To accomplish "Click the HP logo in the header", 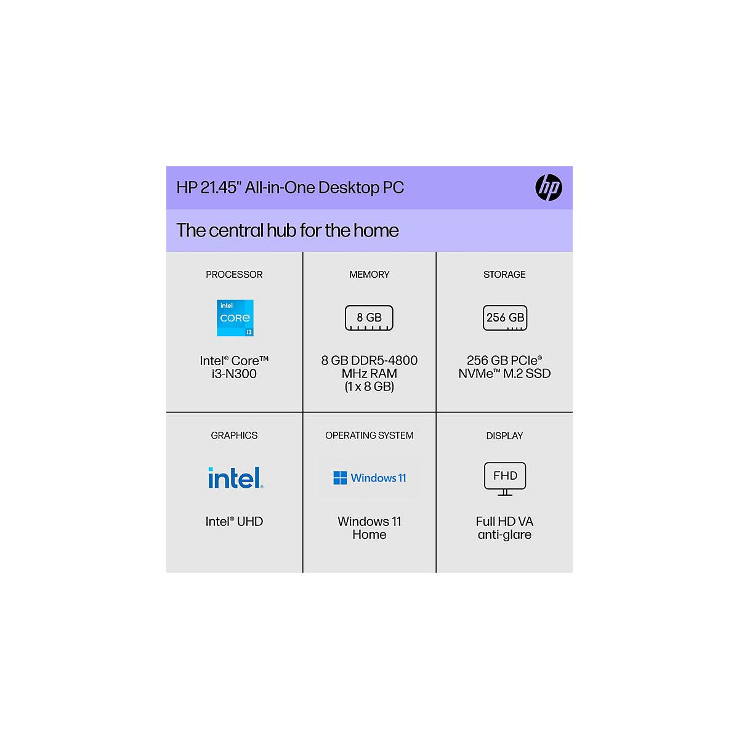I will click(548, 187).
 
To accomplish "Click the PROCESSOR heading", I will click(234, 275).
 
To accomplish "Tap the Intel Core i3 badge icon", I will click(235, 318).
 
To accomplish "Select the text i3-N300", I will click(234, 374).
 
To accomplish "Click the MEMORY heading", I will click(369, 275).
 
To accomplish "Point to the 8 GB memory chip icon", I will click(369, 318).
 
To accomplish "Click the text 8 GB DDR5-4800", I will click(369, 360).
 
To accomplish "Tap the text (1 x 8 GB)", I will click(369, 387).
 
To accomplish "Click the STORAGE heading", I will click(504, 275).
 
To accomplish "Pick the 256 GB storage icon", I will click(505, 318).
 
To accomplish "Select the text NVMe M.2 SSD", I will click(504, 374).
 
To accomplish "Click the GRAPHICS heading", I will click(234, 435).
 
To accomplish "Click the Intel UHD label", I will click(234, 522).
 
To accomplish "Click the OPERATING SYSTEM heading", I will click(369, 435).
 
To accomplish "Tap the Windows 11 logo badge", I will click(369, 478).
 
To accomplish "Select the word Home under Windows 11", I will click(369, 535).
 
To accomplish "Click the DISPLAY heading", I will click(504, 436).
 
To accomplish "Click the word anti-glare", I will click(504, 535).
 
